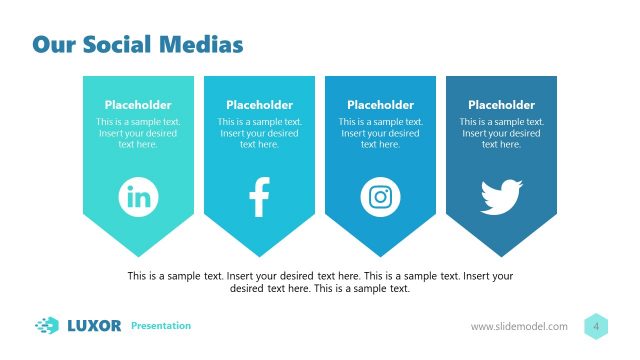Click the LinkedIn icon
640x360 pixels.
(138, 196)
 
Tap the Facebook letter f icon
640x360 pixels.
(259, 197)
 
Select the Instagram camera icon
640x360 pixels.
(380, 196)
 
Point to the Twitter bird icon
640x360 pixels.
(501, 196)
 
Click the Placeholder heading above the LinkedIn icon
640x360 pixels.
(138, 104)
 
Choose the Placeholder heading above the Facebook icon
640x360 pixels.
(259, 104)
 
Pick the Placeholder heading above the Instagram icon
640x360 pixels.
(380, 104)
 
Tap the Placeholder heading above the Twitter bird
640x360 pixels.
(501, 104)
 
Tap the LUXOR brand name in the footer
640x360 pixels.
(94, 325)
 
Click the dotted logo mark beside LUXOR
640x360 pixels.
(47, 325)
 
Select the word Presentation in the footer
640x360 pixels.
(161, 326)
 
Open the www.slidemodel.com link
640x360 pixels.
(519, 327)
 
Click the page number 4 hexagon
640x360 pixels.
(596, 326)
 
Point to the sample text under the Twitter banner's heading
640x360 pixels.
(501, 133)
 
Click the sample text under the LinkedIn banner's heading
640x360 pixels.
(138, 133)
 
